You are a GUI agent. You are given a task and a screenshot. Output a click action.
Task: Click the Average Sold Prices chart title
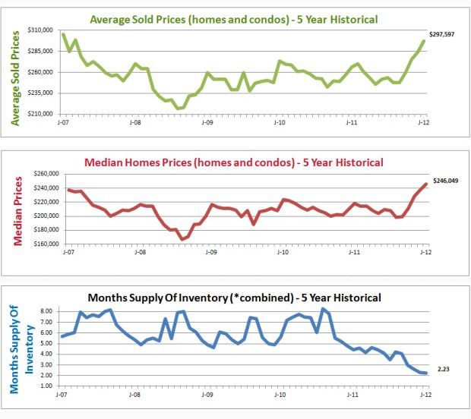click(233, 18)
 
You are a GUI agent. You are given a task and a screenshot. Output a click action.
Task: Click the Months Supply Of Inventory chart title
click(233, 297)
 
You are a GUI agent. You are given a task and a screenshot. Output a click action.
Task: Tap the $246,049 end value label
click(446, 181)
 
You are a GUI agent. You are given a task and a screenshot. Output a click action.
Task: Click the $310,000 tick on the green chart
click(40, 30)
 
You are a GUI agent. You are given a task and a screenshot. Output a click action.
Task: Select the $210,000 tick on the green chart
click(40, 113)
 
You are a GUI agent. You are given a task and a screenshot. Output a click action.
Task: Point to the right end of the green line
click(424, 41)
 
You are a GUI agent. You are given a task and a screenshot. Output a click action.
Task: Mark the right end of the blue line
click(425, 373)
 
